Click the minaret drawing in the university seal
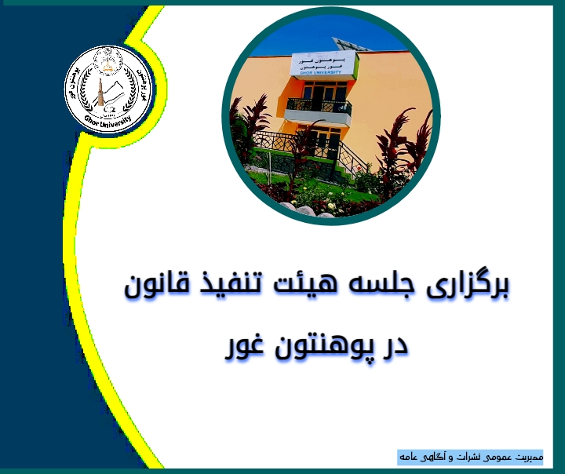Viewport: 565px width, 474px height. point(100,91)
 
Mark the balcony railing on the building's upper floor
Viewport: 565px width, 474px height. point(318,106)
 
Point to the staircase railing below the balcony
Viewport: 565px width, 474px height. point(345,153)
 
